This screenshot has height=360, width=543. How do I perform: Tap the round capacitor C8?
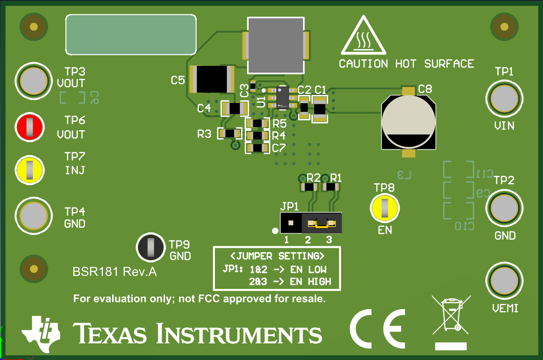click(408, 122)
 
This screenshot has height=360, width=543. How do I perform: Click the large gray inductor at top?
click(276, 45)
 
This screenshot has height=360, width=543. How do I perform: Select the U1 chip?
click(282, 98)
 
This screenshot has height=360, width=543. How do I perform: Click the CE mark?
click(377, 329)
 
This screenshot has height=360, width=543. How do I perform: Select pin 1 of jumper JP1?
click(291, 223)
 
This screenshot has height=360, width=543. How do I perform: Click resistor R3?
click(229, 133)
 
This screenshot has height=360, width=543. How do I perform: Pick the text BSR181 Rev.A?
click(114, 272)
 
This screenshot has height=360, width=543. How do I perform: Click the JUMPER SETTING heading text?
click(277, 256)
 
